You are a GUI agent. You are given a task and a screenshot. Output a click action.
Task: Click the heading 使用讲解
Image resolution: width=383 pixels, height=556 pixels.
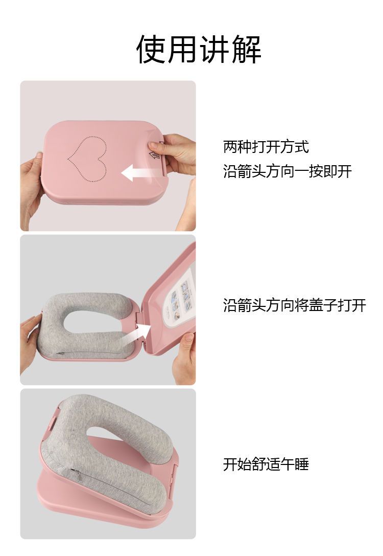[x=199, y=49]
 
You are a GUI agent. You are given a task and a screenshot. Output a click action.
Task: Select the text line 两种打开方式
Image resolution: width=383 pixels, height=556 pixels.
[x=266, y=147]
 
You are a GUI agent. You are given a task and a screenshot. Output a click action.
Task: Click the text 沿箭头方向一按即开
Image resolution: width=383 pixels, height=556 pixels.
[x=288, y=171]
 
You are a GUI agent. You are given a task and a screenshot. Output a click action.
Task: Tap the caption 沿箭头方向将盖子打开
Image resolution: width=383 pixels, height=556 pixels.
[x=295, y=305]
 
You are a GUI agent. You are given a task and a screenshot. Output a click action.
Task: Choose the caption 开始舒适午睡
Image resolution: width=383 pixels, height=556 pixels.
[x=266, y=464]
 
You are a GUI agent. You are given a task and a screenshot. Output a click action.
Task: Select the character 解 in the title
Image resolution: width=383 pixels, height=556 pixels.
[x=246, y=49]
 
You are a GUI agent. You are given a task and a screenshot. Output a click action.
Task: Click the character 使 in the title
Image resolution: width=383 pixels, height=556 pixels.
[x=151, y=49]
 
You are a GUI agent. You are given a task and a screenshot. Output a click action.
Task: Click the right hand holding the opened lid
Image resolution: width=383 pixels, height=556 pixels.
[x=184, y=358]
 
